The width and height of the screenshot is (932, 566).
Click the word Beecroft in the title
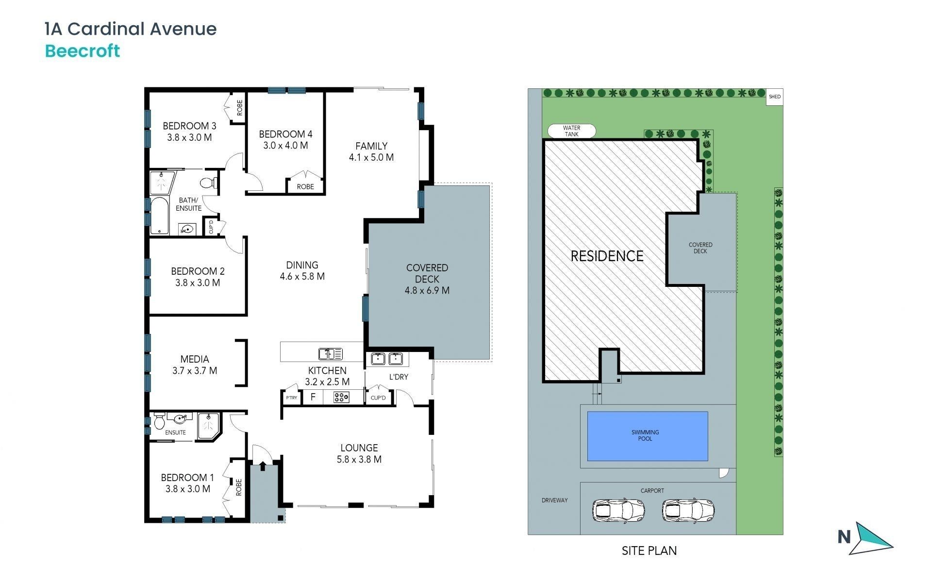click(x=83, y=51)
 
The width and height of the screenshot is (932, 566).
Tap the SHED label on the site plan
click(x=775, y=97)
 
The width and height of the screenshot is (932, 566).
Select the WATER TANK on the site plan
click(x=571, y=131)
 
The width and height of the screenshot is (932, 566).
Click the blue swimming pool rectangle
click(x=648, y=436)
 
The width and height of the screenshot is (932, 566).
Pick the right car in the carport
click(x=688, y=510)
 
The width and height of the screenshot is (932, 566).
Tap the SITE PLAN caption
click(x=649, y=550)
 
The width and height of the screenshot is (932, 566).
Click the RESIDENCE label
click(x=607, y=256)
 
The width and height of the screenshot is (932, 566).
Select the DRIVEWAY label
click(x=554, y=500)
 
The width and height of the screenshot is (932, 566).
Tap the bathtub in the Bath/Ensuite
click(x=159, y=216)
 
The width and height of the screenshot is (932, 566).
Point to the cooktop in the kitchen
click(x=341, y=398)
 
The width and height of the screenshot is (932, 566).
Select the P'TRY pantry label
click(x=291, y=398)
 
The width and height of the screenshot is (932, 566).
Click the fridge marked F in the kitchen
click(x=313, y=397)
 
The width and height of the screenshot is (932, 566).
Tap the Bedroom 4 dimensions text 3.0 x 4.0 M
click(x=285, y=145)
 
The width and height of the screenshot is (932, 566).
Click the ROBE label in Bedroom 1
click(x=239, y=487)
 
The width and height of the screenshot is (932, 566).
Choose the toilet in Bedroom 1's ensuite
click(x=159, y=421)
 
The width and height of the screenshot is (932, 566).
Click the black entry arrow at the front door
click(x=263, y=466)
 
